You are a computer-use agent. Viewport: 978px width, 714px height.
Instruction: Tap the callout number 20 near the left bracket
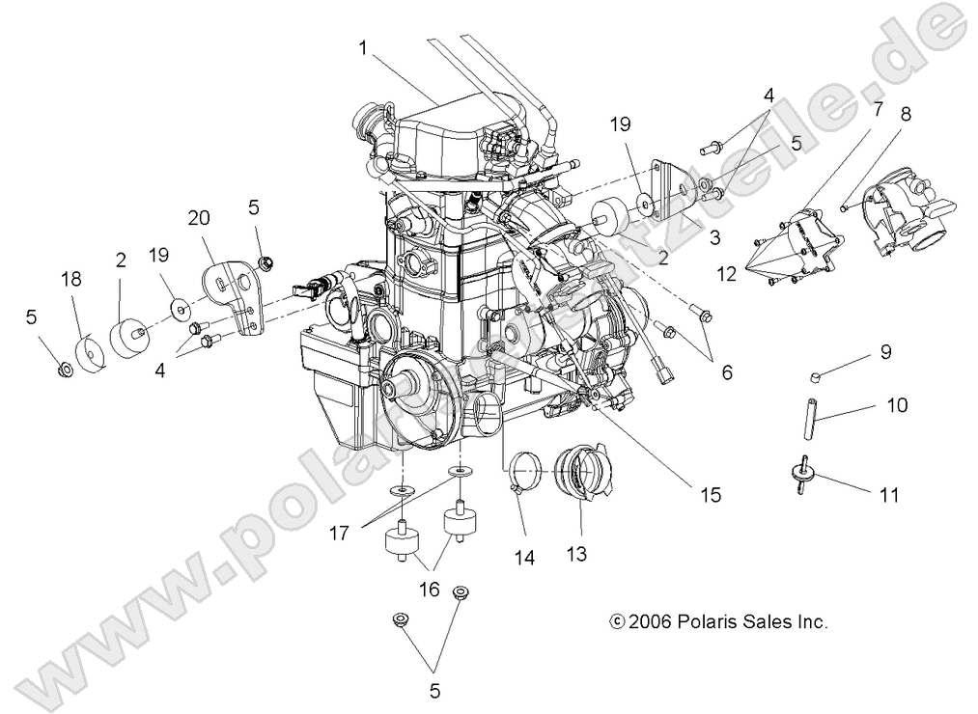pyautogui.click(x=199, y=218)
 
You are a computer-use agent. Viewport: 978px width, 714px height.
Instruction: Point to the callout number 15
pyautogui.click(x=710, y=495)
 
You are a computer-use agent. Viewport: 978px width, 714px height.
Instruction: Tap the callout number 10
pyautogui.click(x=897, y=406)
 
